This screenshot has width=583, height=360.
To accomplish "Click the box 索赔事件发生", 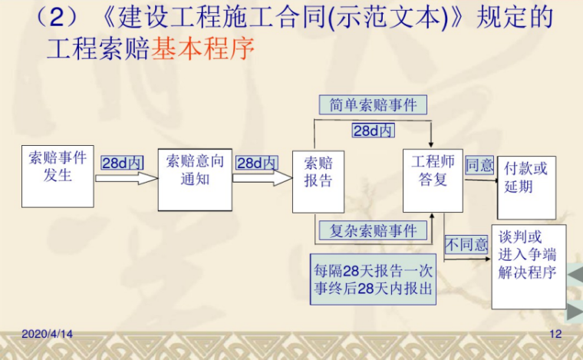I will click(58, 175).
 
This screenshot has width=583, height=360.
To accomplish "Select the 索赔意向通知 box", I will click(195, 179).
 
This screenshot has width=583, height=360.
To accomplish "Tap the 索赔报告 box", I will click(318, 181).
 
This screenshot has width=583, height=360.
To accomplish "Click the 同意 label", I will click(479, 164).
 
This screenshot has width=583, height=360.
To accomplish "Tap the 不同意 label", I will click(467, 245).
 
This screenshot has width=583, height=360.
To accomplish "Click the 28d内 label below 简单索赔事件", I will click(374, 130).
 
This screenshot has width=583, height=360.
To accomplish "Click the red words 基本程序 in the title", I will click(203, 50).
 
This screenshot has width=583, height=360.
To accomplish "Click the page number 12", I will click(556, 335).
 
